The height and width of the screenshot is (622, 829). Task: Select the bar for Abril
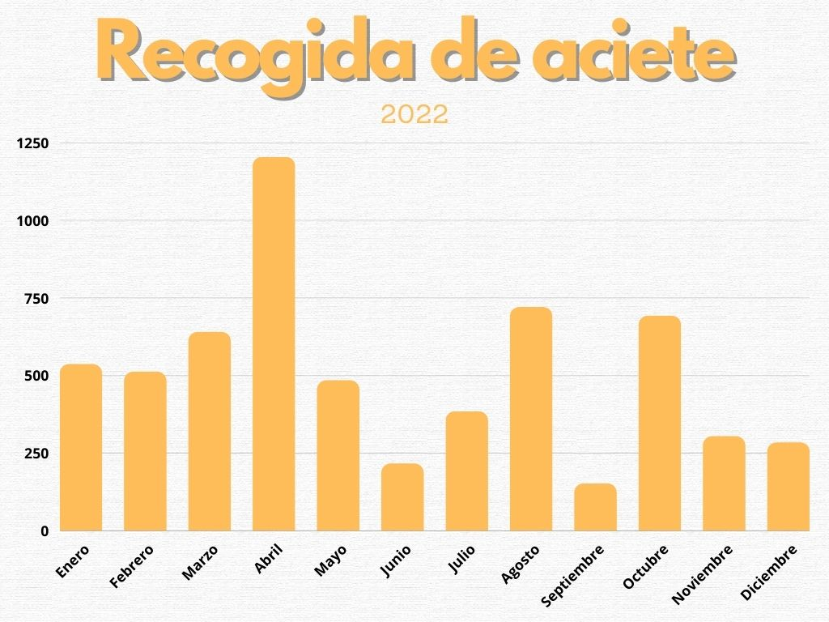tap(274, 344)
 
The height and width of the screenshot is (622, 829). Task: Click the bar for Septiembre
tap(596, 508)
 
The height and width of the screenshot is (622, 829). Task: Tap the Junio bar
tap(402, 497)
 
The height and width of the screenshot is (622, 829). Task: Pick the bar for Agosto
tap(531, 420)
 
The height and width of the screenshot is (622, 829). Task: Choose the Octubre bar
tap(660, 424)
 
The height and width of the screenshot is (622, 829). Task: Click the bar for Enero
tap(81, 448)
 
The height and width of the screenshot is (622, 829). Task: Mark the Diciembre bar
tap(789, 487)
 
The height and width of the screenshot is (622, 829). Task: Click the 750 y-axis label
tap(36, 299)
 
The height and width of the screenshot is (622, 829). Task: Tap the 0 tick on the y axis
tap(45, 531)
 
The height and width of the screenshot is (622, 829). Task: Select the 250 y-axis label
tap(36, 454)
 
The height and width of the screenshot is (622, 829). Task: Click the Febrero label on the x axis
tap(131, 565)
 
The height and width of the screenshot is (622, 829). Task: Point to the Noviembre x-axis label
tap(703, 574)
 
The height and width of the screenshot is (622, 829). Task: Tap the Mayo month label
tap(330, 560)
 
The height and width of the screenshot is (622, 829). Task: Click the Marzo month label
tap(200, 562)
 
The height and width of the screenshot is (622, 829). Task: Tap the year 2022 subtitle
tap(414, 114)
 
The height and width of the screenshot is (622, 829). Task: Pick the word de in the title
tap(463, 53)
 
